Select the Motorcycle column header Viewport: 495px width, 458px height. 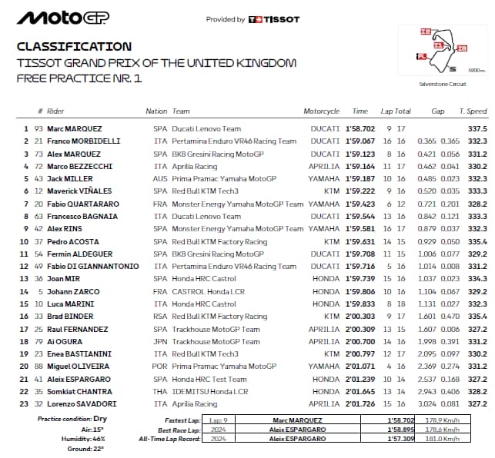click(x=322, y=111)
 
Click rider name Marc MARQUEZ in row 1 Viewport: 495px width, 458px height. click(x=74, y=129)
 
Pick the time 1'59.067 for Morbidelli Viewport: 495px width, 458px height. click(x=360, y=141)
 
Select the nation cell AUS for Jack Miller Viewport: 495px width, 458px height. click(x=160, y=178)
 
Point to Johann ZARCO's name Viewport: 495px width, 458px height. click(x=74, y=291)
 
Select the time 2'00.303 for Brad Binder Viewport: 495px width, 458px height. click(x=360, y=317)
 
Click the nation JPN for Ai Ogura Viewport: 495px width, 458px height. click(x=160, y=341)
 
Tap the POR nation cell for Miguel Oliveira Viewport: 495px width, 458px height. click(x=160, y=367)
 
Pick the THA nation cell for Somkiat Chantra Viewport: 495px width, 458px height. click(x=160, y=391)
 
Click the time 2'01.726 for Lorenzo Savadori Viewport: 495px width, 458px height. click(x=360, y=403)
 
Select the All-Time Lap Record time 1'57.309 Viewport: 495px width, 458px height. click(x=400, y=438)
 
